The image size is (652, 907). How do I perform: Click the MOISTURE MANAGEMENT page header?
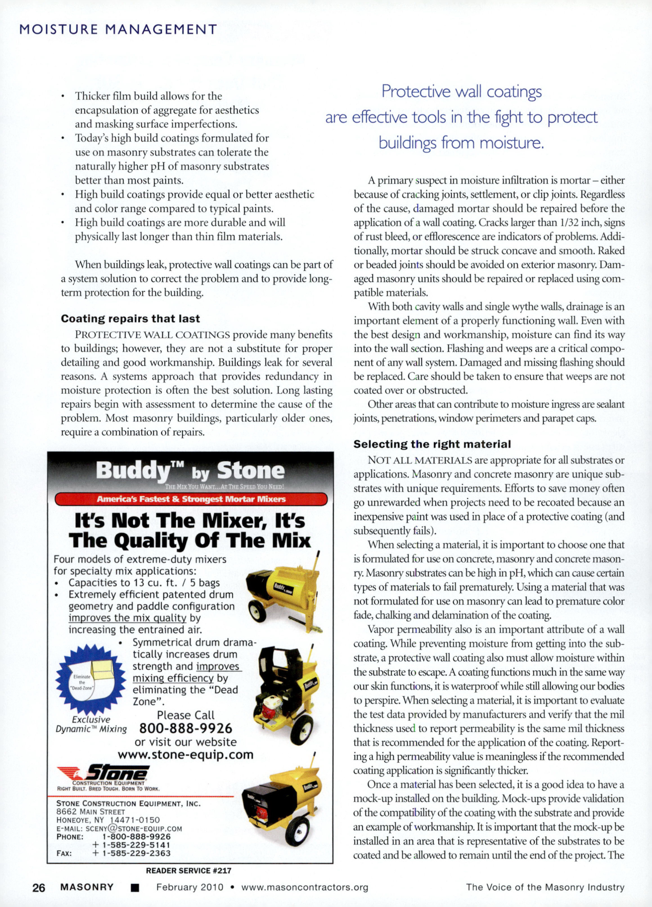pos(118,30)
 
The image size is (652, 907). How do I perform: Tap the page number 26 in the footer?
pos(39,887)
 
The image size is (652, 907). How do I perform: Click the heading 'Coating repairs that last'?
pos(130,319)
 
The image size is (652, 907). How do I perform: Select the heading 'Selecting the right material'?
pos(432,444)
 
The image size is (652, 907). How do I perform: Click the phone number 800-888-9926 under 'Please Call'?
pos(186,728)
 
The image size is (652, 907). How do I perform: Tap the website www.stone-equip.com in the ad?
pos(186,755)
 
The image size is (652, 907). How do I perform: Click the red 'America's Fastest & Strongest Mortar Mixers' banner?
pos(191,499)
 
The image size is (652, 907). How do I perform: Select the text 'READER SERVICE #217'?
pos(188,870)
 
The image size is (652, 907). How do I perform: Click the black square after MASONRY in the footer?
pos(135,888)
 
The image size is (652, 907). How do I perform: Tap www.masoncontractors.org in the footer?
pos(305,887)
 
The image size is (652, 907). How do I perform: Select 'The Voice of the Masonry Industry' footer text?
pos(545,887)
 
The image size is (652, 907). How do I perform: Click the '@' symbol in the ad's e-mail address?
pos(114,828)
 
